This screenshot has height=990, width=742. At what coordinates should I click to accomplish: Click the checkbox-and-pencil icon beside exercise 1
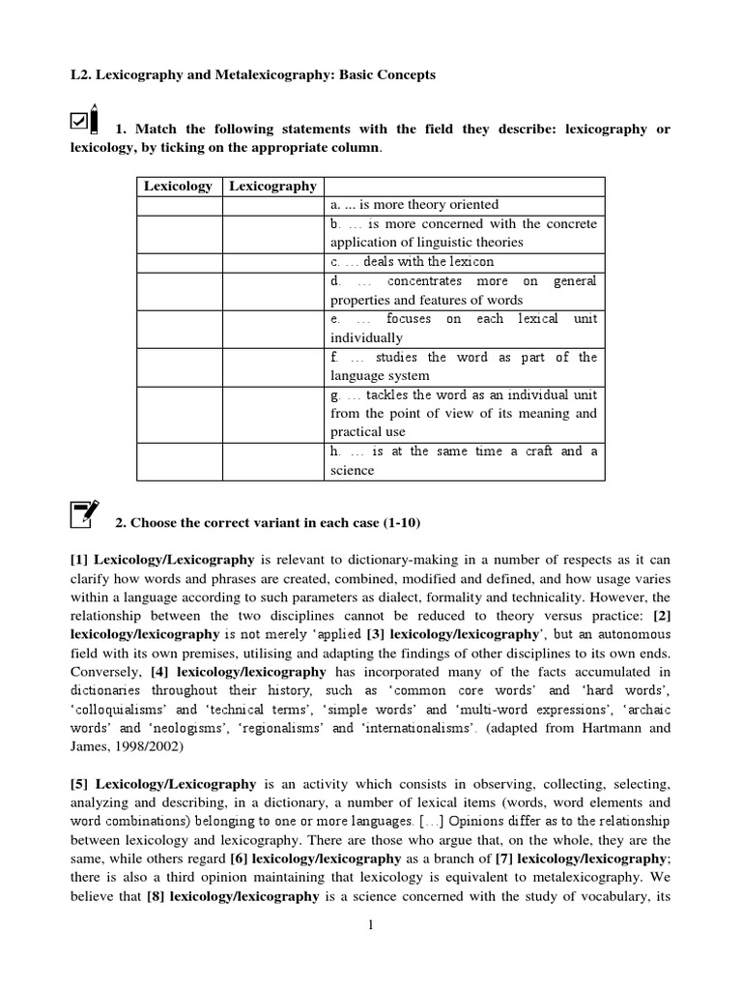85,121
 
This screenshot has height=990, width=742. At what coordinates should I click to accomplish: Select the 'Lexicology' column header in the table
178,186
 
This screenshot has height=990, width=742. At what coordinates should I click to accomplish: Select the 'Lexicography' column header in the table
271,186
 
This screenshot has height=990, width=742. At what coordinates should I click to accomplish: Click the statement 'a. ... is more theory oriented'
414,204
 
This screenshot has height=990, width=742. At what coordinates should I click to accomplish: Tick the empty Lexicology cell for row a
179,204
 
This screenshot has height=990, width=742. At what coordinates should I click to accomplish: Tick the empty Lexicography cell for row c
272,261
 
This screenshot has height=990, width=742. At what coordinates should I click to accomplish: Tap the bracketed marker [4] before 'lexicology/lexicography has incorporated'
161,672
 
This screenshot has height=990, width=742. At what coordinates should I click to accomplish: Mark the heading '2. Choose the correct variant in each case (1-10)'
268,523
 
